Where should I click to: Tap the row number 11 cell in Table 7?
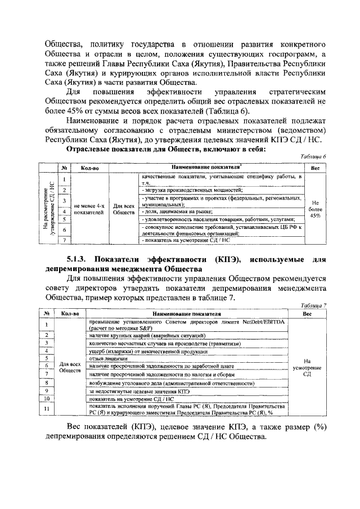point(47,409)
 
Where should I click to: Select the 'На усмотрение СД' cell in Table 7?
point(307,367)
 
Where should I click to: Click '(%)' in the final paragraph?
point(321,427)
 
